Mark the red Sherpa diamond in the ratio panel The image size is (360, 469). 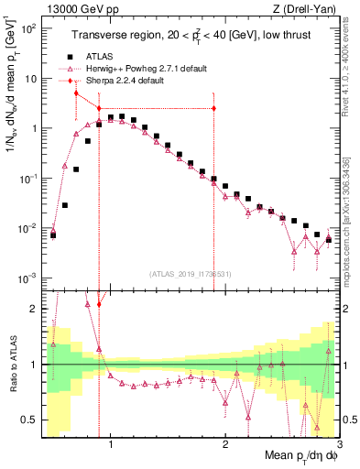[99, 329]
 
